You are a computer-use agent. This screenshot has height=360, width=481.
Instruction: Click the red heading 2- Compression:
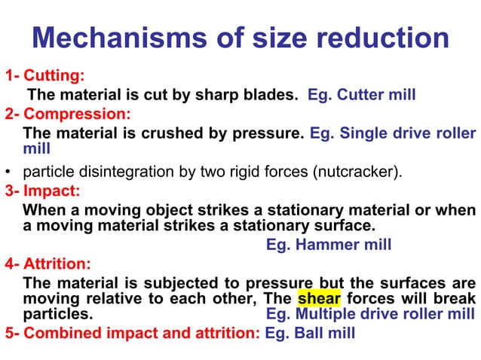coord(67,114)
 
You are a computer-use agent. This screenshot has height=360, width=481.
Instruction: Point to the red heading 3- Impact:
coord(46,191)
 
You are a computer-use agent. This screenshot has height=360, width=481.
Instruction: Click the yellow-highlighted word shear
coord(318,299)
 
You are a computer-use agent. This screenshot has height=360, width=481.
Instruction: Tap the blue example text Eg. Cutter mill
coord(362,96)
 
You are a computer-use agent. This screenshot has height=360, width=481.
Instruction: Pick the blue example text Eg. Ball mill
coord(310,333)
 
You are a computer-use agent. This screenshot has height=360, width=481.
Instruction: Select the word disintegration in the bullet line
coord(118,171)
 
